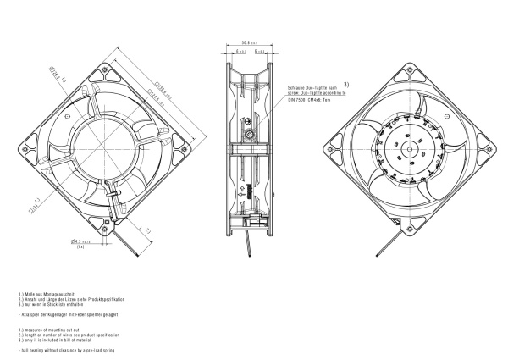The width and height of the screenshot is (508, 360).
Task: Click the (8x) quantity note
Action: coord(80,248)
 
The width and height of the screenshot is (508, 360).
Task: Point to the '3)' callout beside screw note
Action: coord(345,85)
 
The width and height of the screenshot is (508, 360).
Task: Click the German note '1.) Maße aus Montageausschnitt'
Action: coord(43,291)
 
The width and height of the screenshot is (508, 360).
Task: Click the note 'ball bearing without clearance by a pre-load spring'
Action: coord(66,350)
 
